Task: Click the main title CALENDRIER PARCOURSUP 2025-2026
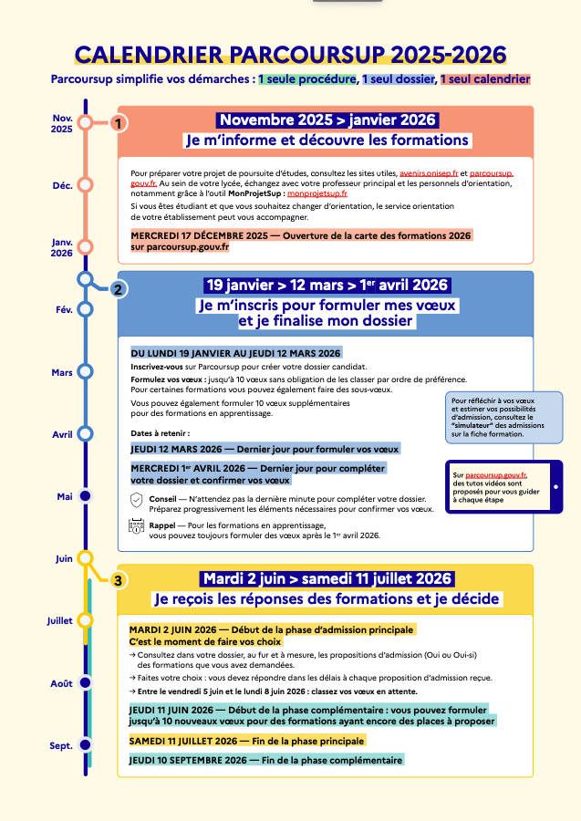click(290, 54)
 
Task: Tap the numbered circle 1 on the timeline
click(119, 122)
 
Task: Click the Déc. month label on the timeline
click(62, 185)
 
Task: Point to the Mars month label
click(62, 372)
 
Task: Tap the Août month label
click(61, 683)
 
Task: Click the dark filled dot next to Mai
click(86, 496)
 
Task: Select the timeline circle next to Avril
click(86, 434)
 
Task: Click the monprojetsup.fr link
click(312, 193)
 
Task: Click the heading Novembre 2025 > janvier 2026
click(327, 120)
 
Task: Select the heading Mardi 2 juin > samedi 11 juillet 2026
click(327, 578)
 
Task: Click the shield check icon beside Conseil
click(137, 500)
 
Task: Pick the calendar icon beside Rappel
click(137, 525)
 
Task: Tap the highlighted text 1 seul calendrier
click(485, 79)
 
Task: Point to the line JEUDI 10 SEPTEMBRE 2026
click(265, 760)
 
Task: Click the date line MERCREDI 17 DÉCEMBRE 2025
click(301, 235)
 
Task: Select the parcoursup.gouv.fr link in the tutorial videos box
click(495, 475)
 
